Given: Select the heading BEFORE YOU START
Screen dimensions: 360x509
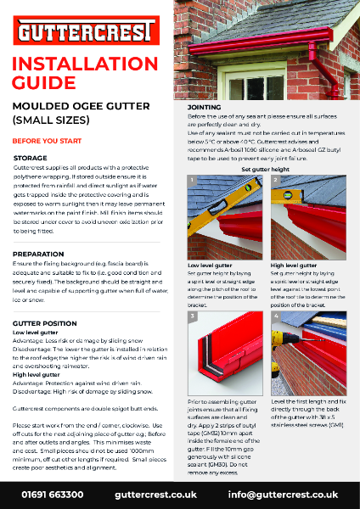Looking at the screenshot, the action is [x=42, y=141].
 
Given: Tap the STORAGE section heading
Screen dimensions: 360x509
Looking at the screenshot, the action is [x=31, y=159].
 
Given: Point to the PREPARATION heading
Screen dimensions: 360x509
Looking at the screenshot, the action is [x=40, y=254].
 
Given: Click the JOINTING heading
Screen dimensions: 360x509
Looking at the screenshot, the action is [x=204, y=109].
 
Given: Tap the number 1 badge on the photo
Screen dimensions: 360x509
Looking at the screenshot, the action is [x=193, y=182].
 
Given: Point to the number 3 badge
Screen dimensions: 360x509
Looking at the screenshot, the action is [x=193, y=316].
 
